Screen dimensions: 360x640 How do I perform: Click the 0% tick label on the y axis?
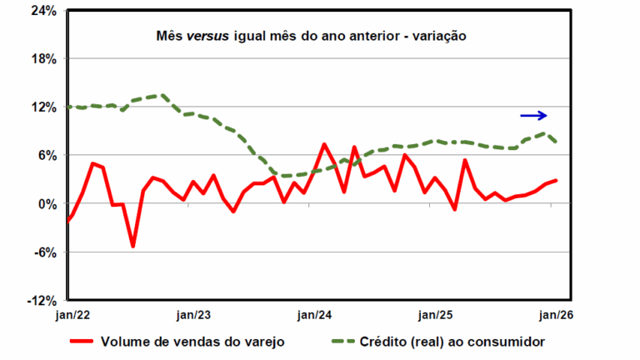[x=48, y=204]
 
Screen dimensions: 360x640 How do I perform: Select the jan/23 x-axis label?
[x=193, y=315]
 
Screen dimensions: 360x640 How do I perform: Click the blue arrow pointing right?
[x=533, y=116]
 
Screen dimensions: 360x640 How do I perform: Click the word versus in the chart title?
[x=209, y=37]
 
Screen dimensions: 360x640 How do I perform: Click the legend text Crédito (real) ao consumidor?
[x=450, y=342]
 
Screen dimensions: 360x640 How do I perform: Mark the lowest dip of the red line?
[x=132, y=246]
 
